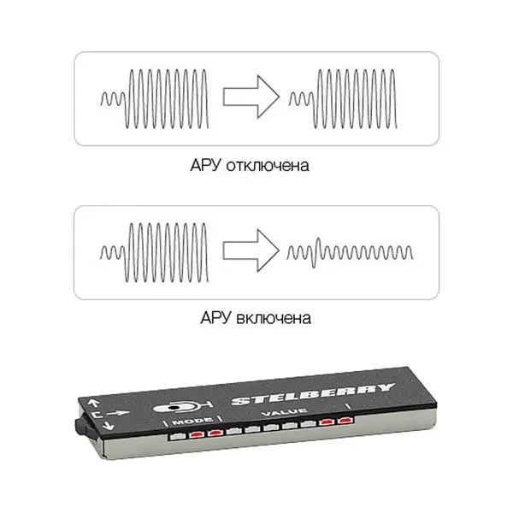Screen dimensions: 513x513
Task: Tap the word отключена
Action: pyautogui.click(x=268, y=166)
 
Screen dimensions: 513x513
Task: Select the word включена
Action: pyautogui.click(x=274, y=318)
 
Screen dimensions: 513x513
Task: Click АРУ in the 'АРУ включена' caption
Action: pyautogui.click(x=215, y=318)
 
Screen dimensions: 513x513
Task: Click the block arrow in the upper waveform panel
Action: pyautogui.click(x=251, y=97)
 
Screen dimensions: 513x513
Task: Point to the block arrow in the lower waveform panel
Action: pyautogui.click(x=251, y=251)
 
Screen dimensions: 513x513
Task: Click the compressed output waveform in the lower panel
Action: pyautogui.click(x=350, y=253)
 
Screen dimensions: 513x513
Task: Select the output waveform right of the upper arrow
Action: pyautogui.click(x=343, y=98)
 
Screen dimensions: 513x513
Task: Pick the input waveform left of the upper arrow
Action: pyautogui.click(x=155, y=98)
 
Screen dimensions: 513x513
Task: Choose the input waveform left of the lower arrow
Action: pyautogui.click(x=155, y=252)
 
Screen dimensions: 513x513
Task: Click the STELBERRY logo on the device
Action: pyautogui.click(x=312, y=392)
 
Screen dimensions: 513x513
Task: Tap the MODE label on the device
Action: pyautogui.click(x=192, y=422)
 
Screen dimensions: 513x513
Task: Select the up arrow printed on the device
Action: pyautogui.click(x=93, y=403)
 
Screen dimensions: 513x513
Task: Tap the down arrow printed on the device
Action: pyautogui.click(x=108, y=425)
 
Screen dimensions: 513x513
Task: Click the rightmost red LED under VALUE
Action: pyautogui.click(x=345, y=420)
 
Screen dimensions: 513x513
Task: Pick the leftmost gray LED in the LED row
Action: pyautogui.click(x=178, y=436)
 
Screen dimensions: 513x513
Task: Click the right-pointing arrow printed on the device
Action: pyautogui.click(x=118, y=413)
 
